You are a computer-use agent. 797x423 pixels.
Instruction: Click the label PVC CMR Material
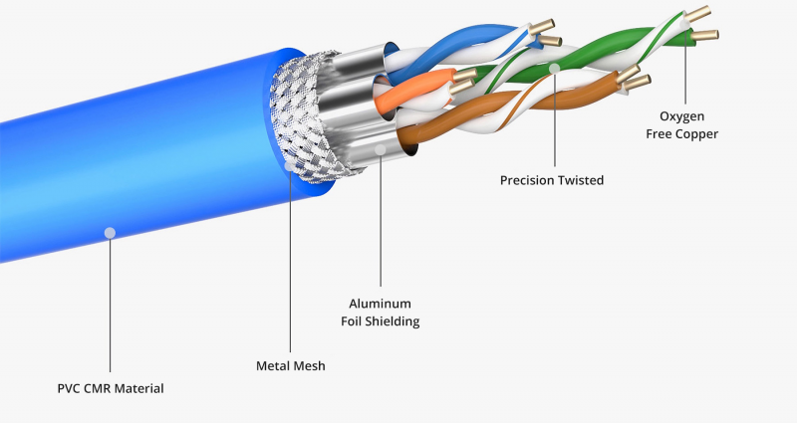coord(110,387)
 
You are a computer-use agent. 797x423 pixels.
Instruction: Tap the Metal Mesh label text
coord(291,365)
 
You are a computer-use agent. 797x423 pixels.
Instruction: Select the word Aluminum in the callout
coord(380,304)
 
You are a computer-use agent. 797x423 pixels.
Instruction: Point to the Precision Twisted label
coord(551,180)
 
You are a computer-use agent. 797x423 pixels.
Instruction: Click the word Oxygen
coord(682,116)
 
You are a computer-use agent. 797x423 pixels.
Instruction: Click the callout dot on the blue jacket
coord(110,232)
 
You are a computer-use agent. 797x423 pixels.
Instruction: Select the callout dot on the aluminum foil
coord(381,149)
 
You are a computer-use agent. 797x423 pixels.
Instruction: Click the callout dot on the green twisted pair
coord(553,68)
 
